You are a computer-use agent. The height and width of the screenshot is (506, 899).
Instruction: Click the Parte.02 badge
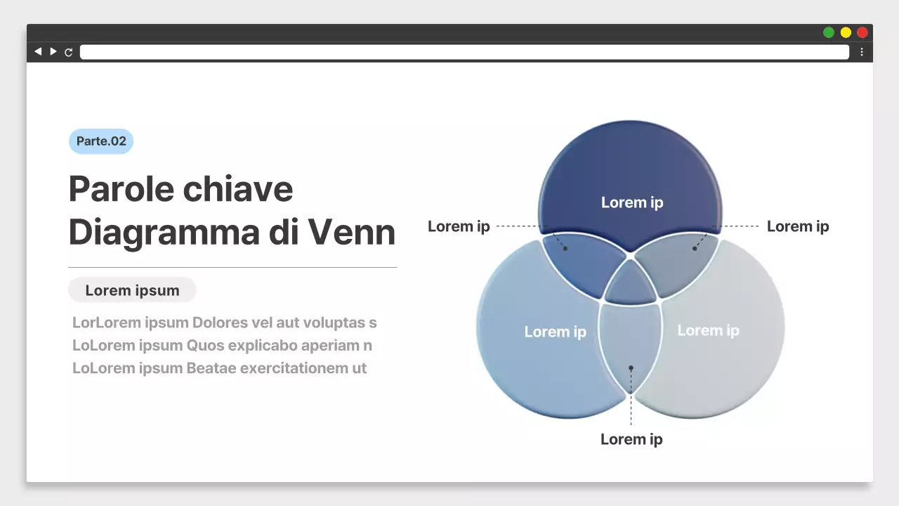pos(101,141)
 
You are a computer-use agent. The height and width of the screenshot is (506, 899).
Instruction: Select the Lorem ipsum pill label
pos(132,290)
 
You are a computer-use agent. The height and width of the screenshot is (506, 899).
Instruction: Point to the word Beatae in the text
pos(211,368)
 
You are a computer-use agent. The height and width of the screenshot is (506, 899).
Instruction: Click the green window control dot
pos(829,32)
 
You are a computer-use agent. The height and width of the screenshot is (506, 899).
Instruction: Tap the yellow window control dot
pos(846,32)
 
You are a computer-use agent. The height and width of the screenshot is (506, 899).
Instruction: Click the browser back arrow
pos(38,51)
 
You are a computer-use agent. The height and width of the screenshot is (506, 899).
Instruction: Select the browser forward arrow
pos(53,51)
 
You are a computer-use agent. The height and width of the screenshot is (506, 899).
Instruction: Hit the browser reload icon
pos(69,52)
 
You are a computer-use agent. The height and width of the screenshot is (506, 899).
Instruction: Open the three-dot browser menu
pos(862,52)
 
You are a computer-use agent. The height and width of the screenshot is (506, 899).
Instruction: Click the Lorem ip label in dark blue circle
pos(632,202)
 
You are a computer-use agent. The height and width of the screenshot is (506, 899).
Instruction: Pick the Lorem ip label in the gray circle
pos(708,330)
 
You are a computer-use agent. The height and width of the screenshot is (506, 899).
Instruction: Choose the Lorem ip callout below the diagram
pos(631,439)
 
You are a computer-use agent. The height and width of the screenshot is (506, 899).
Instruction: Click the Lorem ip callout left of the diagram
pos(459,226)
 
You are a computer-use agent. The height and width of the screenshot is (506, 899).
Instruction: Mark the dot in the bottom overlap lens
pos(631,368)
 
